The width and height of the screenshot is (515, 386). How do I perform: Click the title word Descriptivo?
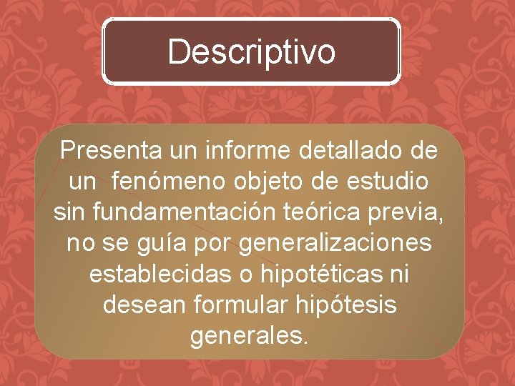click(251, 51)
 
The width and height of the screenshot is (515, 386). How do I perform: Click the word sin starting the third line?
click(69, 212)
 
